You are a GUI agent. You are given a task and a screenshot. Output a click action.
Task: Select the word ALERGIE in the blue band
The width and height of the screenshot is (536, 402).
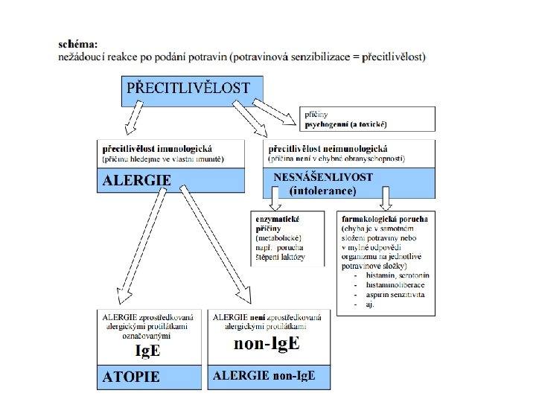[137, 179]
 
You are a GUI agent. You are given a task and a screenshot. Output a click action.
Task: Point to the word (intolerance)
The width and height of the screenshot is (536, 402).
[323, 191]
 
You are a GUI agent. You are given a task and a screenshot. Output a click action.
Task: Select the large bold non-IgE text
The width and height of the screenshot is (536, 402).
[267, 343]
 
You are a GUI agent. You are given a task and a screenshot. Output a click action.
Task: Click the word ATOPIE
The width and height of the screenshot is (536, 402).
[131, 377]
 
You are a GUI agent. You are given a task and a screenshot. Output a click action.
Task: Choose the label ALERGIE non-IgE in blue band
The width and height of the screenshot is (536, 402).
[264, 376]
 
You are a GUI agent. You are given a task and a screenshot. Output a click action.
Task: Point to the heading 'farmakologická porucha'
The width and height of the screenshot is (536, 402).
[384, 220]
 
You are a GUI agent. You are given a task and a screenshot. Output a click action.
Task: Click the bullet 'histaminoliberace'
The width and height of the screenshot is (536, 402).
[395, 285]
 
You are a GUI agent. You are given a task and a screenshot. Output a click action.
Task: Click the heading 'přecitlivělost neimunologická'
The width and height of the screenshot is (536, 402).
[328, 149]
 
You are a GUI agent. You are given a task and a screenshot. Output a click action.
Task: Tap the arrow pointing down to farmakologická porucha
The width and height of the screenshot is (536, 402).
[386, 200]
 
